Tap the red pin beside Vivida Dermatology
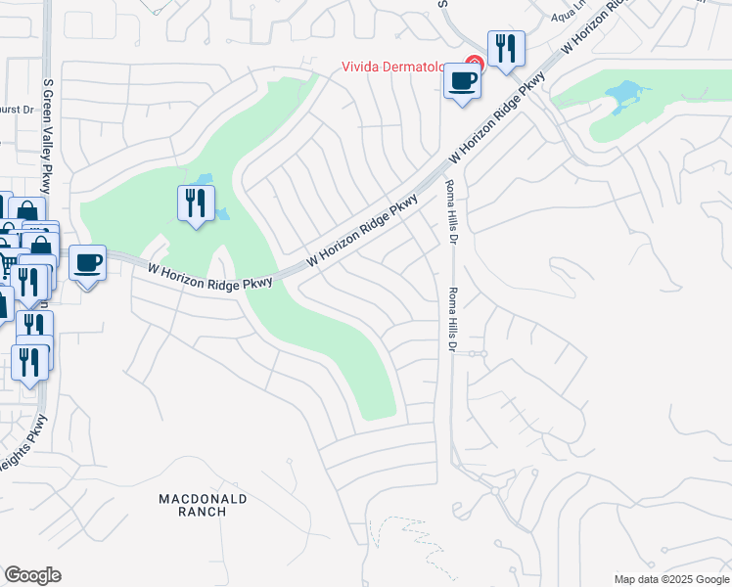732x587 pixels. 473,65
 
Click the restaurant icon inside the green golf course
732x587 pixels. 196,203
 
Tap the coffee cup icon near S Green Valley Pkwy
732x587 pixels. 88,262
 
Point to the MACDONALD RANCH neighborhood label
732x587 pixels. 203,506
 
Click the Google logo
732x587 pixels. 32,575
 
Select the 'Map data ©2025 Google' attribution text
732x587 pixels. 669,579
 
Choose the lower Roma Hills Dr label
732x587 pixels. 452,318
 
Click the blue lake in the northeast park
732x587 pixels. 624,96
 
